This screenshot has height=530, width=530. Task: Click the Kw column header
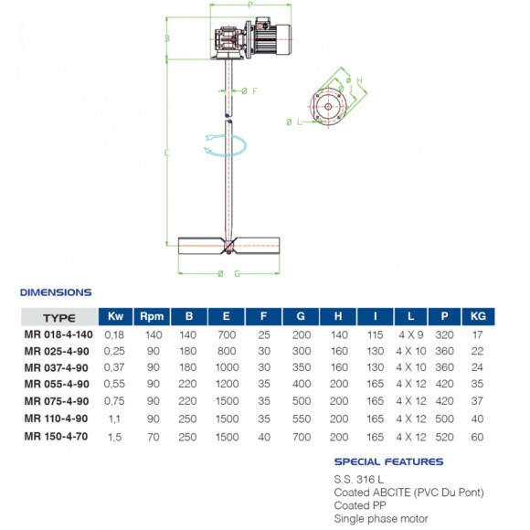click(115, 316)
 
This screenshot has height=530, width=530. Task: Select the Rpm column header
click(152, 316)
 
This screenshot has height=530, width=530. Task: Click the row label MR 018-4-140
click(59, 334)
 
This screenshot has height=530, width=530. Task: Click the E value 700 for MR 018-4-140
click(227, 334)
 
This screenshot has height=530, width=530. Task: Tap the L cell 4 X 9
click(410, 334)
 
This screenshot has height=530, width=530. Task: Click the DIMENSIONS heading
click(56, 292)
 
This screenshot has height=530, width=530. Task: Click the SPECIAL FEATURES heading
click(388, 462)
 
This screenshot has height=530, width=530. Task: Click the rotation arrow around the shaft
click(226, 144)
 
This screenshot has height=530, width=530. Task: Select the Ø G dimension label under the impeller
click(229, 273)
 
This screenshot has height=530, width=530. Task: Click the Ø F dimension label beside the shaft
click(249, 90)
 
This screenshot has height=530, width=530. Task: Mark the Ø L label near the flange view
click(293, 122)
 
